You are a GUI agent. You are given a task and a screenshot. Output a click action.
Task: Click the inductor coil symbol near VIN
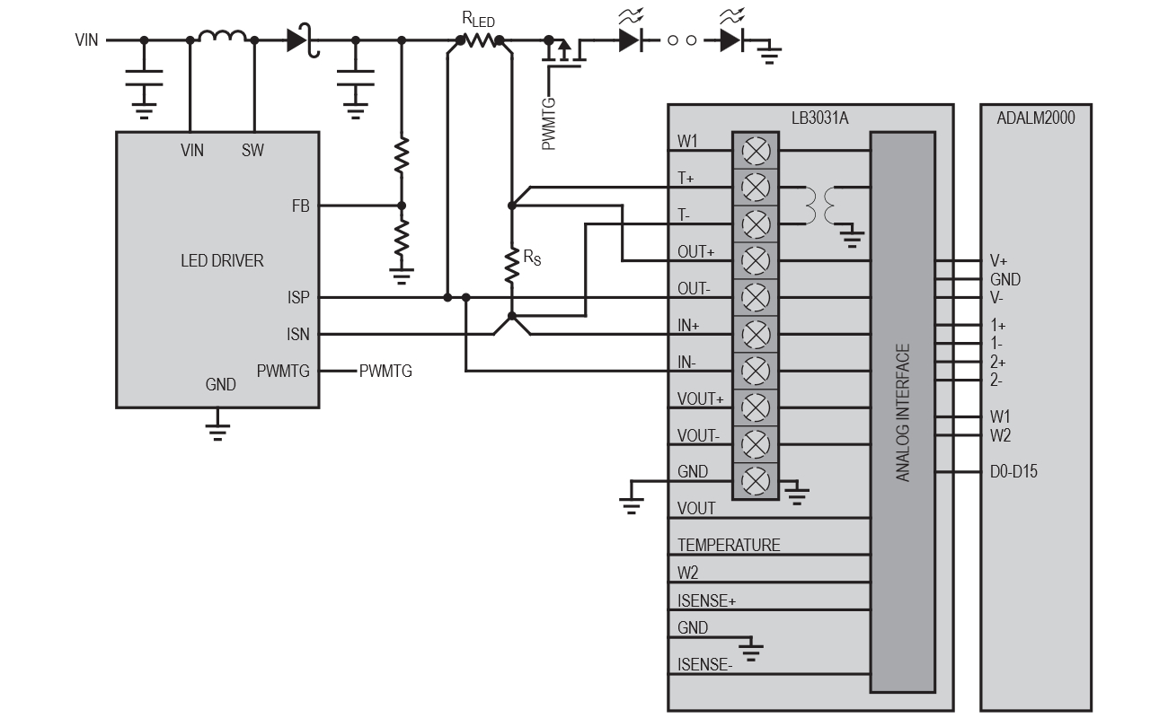[x=222, y=37]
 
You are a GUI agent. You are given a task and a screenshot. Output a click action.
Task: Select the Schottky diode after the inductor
[x=300, y=40]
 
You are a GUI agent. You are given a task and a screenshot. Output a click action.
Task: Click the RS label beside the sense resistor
[x=533, y=258]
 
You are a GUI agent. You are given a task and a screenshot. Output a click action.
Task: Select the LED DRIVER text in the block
[x=222, y=261]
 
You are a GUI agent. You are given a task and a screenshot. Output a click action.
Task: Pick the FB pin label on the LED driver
[x=300, y=206]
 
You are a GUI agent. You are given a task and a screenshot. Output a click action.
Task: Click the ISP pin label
[x=298, y=297]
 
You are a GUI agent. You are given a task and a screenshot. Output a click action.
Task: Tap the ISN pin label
[x=298, y=335]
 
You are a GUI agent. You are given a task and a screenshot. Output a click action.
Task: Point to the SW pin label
[x=252, y=151]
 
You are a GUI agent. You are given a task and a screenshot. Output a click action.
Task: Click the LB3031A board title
[x=810, y=118]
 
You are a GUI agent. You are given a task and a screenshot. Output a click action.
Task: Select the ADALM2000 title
[x=1036, y=118]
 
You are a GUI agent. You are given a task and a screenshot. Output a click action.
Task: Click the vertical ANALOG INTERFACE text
[x=904, y=412]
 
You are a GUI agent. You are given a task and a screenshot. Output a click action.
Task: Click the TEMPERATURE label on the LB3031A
[x=729, y=545]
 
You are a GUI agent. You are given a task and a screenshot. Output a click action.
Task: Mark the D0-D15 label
[x=1013, y=471]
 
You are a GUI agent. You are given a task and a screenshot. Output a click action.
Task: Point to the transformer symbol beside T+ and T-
[x=820, y=206]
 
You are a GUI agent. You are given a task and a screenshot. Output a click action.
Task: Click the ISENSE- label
[x=705, y=665]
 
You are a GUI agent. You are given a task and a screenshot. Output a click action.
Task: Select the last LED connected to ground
[x=730, y=40]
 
